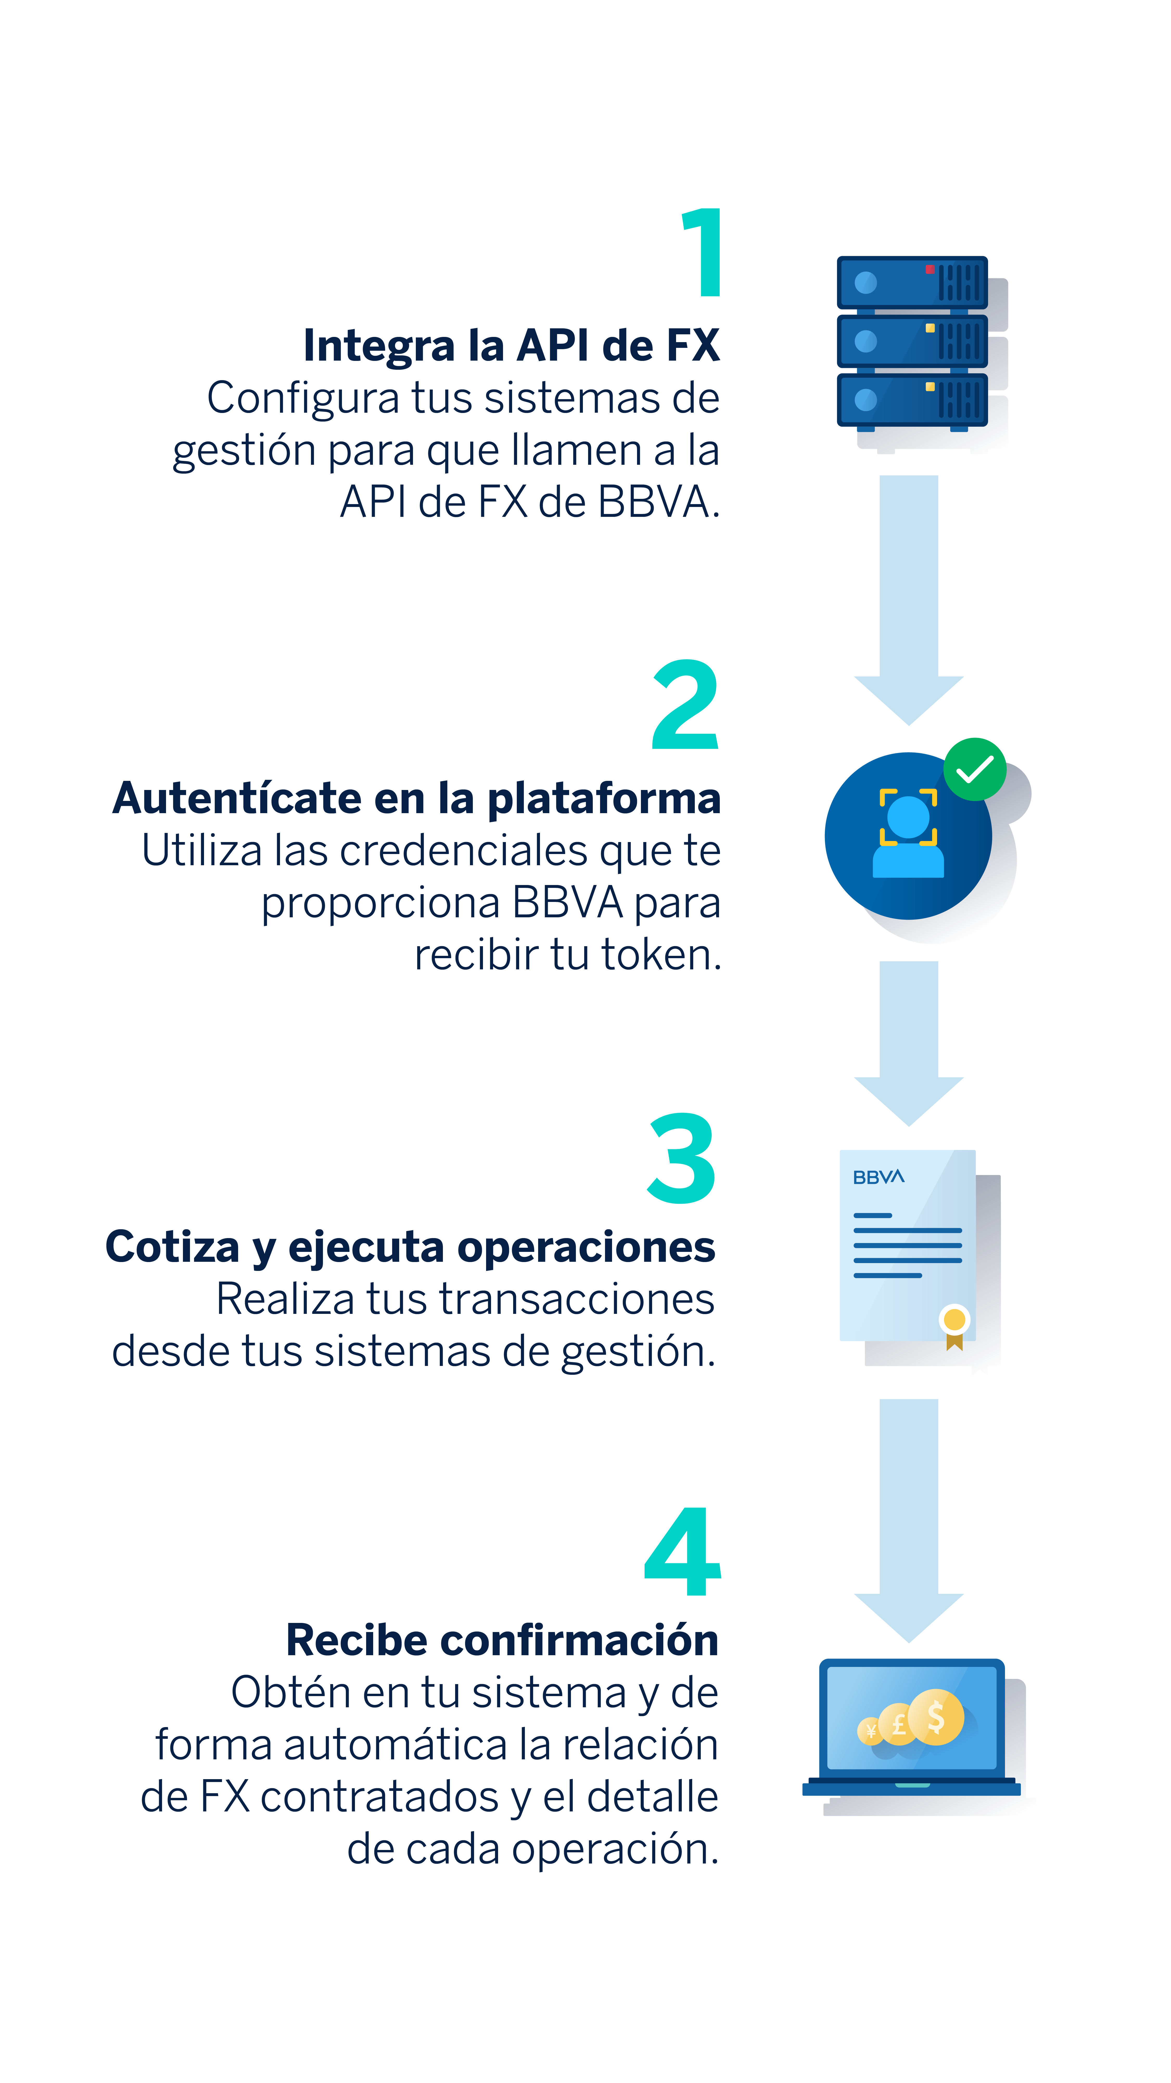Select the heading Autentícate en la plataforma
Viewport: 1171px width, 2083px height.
tap(416, 798)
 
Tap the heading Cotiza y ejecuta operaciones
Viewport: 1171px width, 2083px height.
tap(411, 1247)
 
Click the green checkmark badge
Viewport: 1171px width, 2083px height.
tap(975, 769)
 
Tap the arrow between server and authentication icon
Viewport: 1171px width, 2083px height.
tap(908, 600)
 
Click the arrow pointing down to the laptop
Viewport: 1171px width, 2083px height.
tap(908, 1520)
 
